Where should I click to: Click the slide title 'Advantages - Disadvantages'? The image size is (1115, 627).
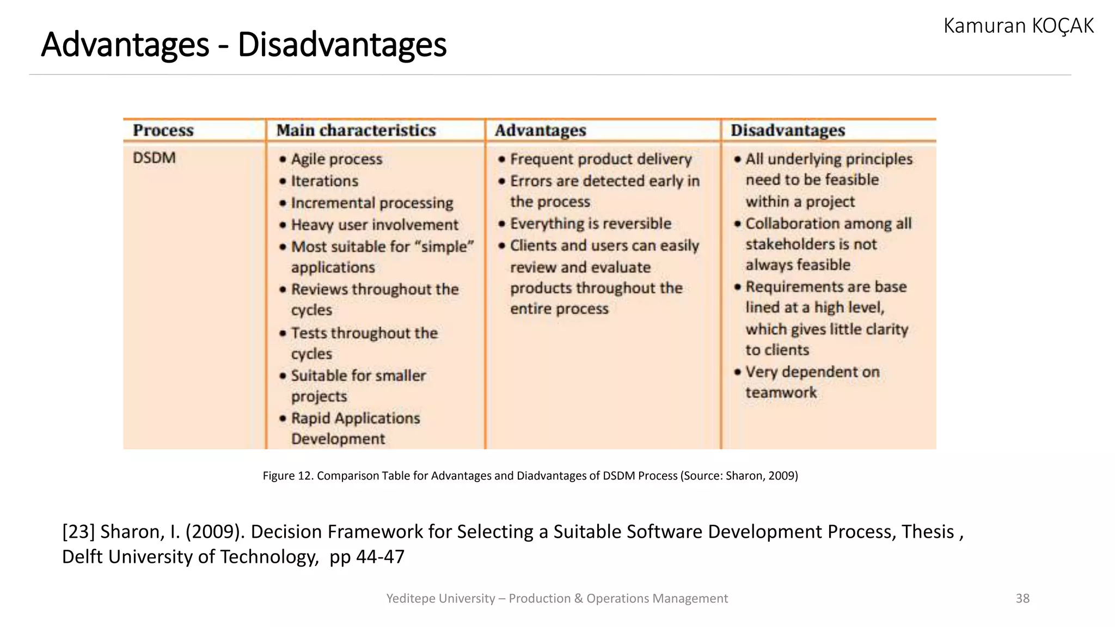click(243, 45)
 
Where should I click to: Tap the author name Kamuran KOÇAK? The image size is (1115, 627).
click(1018, 26)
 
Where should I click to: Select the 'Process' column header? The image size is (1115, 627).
click(163, 131)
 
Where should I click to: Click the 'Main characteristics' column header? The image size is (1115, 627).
click(356, 131)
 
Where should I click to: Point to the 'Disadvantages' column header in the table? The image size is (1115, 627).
click(787, 131)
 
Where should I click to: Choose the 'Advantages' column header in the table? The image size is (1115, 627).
click(540, 131)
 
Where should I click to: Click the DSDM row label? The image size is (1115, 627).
click(154, 158)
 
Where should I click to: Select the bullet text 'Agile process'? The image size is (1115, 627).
click(336, 159)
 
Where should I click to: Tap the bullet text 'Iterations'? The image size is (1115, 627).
click(324, 181)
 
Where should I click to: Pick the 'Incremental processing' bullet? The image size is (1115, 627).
click(372, 203)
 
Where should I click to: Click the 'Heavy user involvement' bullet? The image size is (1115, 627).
click(375, 225)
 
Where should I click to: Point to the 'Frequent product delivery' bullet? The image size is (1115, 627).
click(601, 159)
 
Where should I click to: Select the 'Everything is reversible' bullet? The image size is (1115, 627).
click(590, 224)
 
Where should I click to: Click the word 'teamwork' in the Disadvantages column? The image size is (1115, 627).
click(781, 392)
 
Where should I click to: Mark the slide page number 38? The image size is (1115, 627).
click(1022, 599)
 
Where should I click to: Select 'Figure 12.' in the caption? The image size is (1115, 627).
click(287, 476)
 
